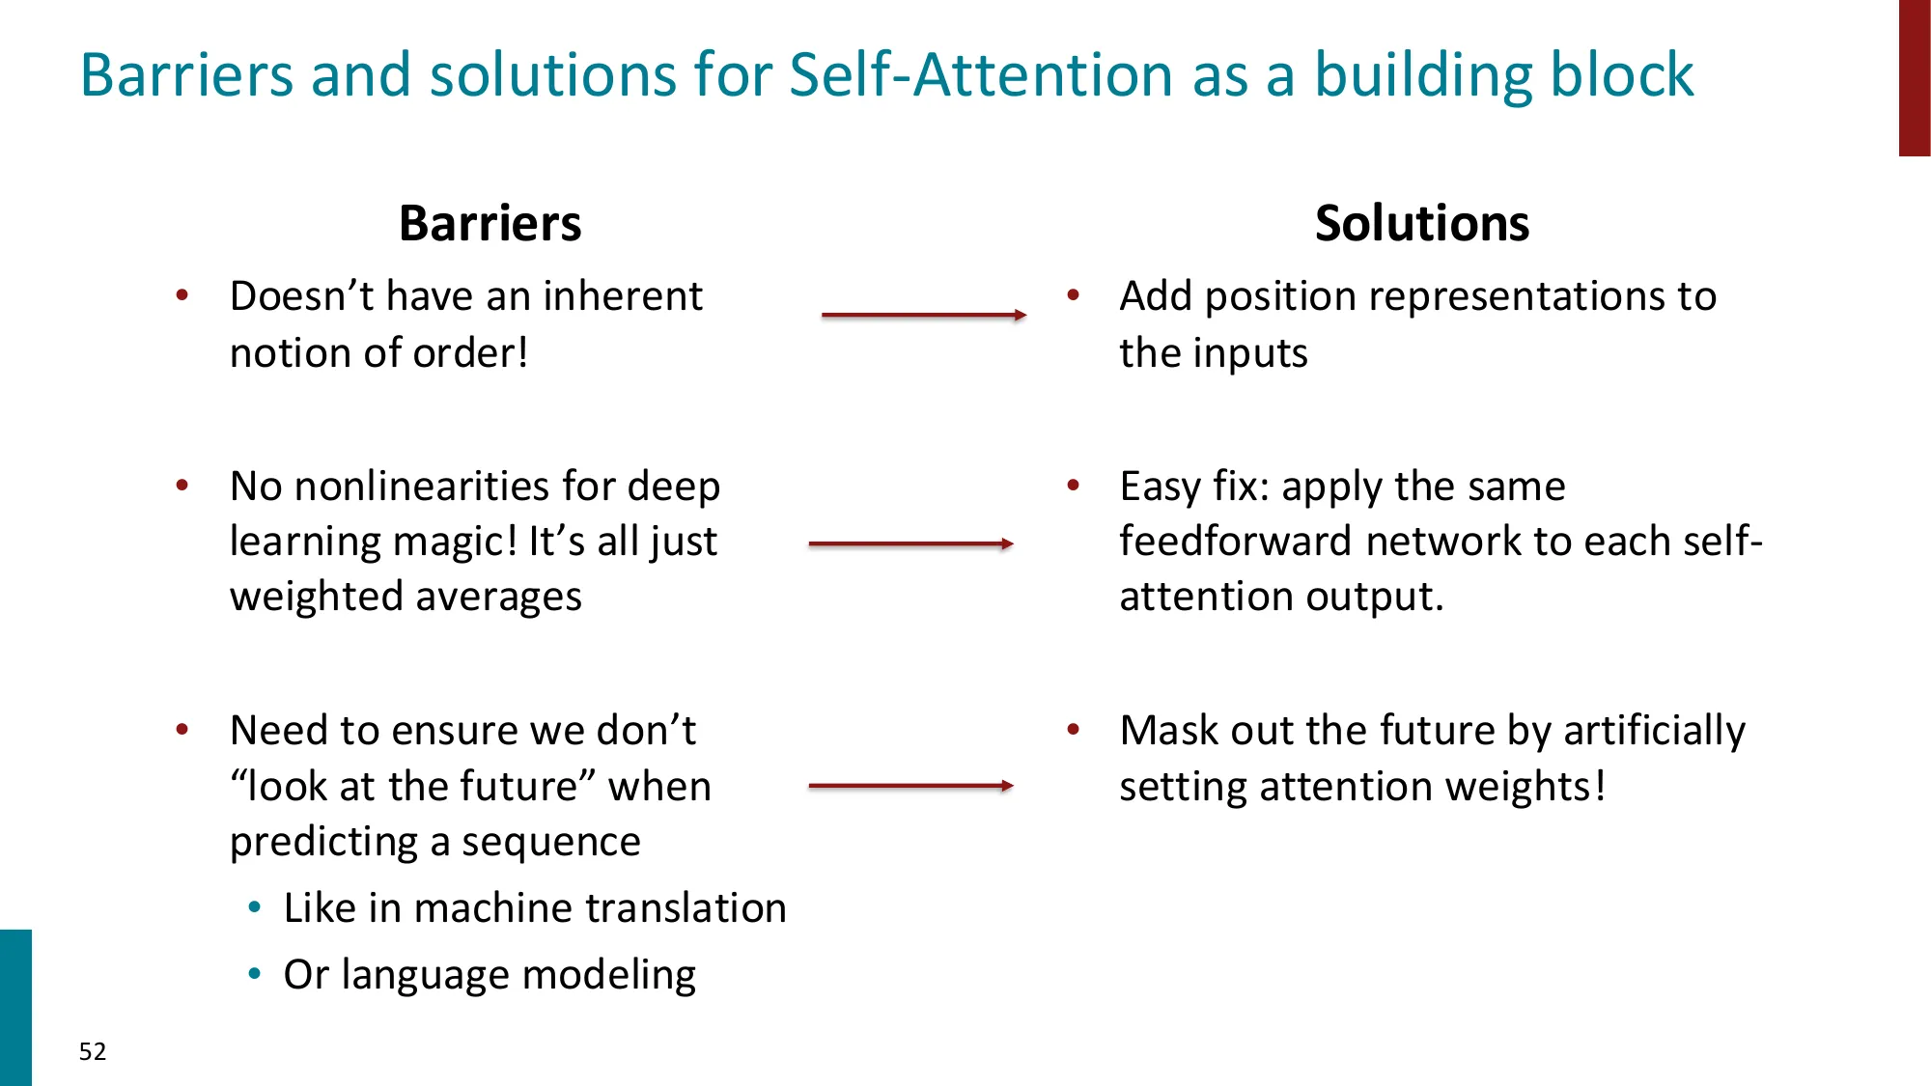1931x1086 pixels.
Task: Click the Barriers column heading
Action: coord(490,224)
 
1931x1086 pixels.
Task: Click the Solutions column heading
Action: coord(1421,224)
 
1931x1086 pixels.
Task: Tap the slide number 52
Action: coord(93,1051)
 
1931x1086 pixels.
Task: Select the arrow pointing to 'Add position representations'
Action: coord(923,315)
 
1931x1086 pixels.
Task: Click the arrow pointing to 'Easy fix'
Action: coord(910,544)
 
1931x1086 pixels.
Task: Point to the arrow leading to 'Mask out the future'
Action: coord(910,786)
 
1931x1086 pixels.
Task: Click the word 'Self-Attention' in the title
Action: coord(980,75)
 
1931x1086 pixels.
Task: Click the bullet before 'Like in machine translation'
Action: coord(255,908)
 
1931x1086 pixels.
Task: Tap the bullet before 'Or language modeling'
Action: coord(255,975)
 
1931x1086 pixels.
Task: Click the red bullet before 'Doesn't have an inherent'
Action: coord(182,295)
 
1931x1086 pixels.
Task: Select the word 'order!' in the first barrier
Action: coord(470,353)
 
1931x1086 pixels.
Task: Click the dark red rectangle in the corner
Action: coord(1915,77)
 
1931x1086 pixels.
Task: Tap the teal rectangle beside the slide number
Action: coord(15,1007)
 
